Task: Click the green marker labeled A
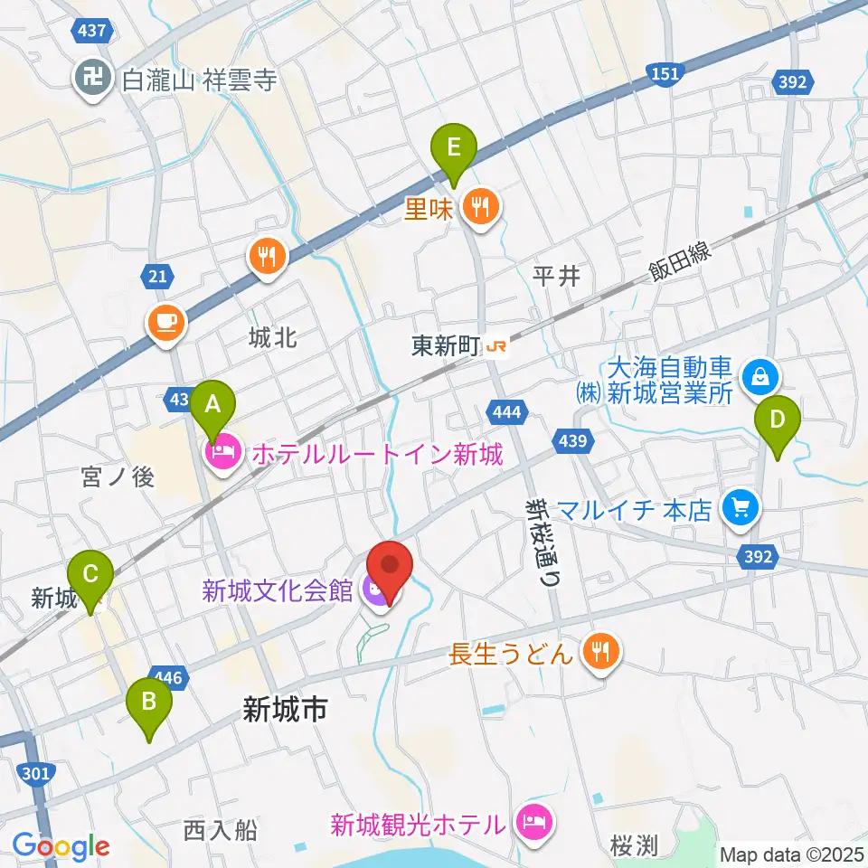click(x=212, y=405)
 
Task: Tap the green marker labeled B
click(x=150, y=702)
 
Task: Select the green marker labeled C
click(x=90, y=575)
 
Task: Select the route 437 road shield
click(x=92, y=32)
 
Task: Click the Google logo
click(x=61, y=846)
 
